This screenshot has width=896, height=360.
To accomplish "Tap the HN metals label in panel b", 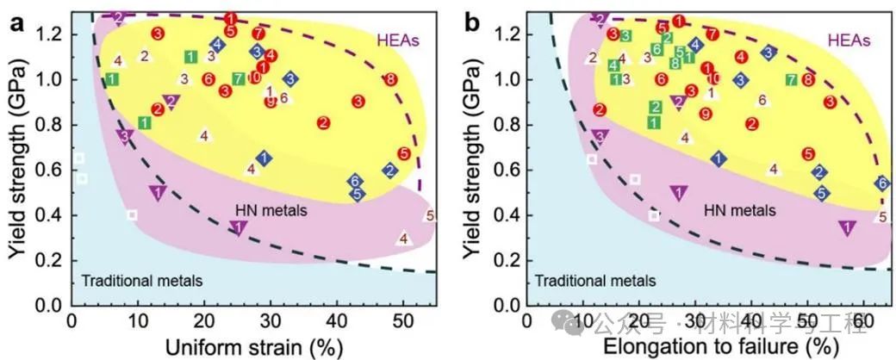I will [x=739, y=210].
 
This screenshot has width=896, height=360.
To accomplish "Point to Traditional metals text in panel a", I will [x=142, y=280].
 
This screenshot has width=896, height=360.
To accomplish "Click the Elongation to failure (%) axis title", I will [x=720, y=346].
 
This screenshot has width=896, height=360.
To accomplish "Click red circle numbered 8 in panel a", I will [x=390, y=79].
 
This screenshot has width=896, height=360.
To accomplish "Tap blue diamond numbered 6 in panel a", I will [x=354, y=181].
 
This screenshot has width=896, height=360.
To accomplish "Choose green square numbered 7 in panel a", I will [x=238, y=79].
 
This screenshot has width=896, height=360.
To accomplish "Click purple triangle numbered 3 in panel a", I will [x=124, y=136].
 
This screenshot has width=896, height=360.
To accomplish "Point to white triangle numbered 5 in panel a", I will [x=429, y=215].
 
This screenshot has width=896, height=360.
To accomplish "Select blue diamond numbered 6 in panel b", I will [x=882, y=183].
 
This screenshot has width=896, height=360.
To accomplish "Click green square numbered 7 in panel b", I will [x=791, y=79].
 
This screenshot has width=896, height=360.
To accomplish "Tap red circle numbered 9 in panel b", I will [x=706, y=114].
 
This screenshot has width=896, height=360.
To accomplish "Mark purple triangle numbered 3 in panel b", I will [x=600, y=136].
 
